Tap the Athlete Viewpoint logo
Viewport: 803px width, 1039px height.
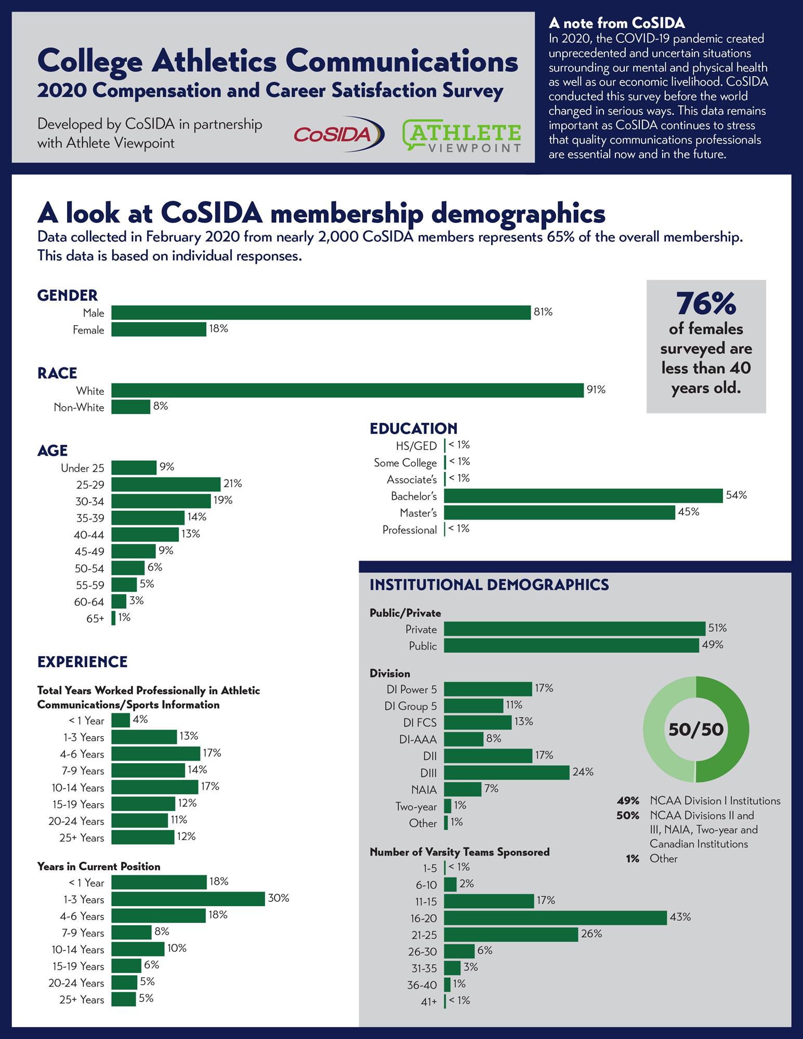click(x=462, y=136)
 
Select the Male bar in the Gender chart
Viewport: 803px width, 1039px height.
click(x=321, y=313)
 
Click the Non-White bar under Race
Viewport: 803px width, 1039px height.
click(x=130, y=407)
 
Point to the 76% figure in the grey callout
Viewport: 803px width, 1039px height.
click(x=706, y=304)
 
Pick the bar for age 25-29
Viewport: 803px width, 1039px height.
click(x=166, y=484)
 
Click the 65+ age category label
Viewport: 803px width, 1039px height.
click(x=95, y=618)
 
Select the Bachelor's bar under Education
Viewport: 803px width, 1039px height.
click(x=583, y=496)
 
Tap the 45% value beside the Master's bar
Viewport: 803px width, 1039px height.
click(x=689, y=512)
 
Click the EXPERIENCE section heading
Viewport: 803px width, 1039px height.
click(x=82, y=662)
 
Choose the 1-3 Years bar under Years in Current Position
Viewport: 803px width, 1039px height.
click(x=188, y=899)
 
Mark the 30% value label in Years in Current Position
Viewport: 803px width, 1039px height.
click(x=279, y=898)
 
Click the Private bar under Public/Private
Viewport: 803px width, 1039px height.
click(x=575, y=629)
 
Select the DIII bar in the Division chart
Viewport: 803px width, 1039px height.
click(x=507, y=772)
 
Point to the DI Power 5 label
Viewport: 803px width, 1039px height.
click(x=412, y=689)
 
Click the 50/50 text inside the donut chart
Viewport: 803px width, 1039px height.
click(x=696, y=729)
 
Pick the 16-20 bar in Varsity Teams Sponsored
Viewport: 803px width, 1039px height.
click(x=555, y=918)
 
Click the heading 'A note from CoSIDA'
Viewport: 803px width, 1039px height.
click(x=616, y=23)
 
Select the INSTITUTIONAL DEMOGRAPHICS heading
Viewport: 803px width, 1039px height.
click(x=489, y=585)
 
